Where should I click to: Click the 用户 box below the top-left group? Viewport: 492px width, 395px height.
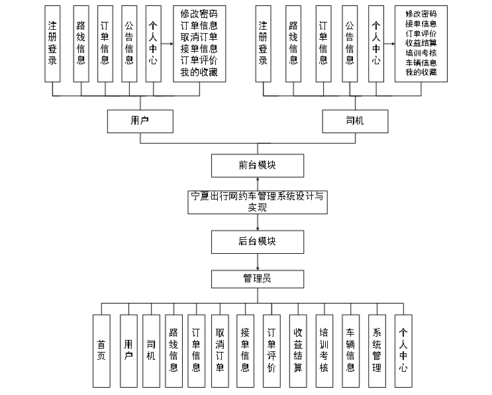pyautogui.click(x=140, y=121)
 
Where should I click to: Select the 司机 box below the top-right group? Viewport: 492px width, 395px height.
pyautogui.click(x=355, y=121)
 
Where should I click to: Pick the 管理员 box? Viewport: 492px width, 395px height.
pyautogui.click(x=258, y=278)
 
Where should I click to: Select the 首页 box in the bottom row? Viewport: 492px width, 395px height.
pyautogui.click(x=101, y=351)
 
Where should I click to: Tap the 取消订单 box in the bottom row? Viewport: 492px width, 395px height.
pyautogui.click(x=221, y=351)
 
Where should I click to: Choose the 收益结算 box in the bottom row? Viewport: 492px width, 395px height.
pyautogui.click(x=298, y=351)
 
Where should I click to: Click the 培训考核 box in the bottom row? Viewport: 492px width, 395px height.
pyautogui.click(x=324, y=351)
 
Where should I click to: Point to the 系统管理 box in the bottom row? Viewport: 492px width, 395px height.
pyautogui.click(x=377, y=351)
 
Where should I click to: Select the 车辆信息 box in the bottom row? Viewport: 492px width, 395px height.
pyautogui.click(x=350, y=351)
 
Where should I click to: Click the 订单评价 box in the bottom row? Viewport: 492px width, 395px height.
pyautogui.click(x=271, y=351)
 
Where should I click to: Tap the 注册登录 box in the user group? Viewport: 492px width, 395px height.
pyautogui.click(x=53, y=43)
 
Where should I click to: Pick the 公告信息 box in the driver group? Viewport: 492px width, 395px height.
pyautogui.click(x=350, y=43)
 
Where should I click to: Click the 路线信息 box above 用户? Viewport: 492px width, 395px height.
pyautogui.click(x=79, y=43)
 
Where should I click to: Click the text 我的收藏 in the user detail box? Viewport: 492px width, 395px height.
pyautogui.click(x=199, y=72)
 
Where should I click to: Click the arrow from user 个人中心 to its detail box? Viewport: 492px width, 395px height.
pyautogui.click(x=167, y=43)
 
